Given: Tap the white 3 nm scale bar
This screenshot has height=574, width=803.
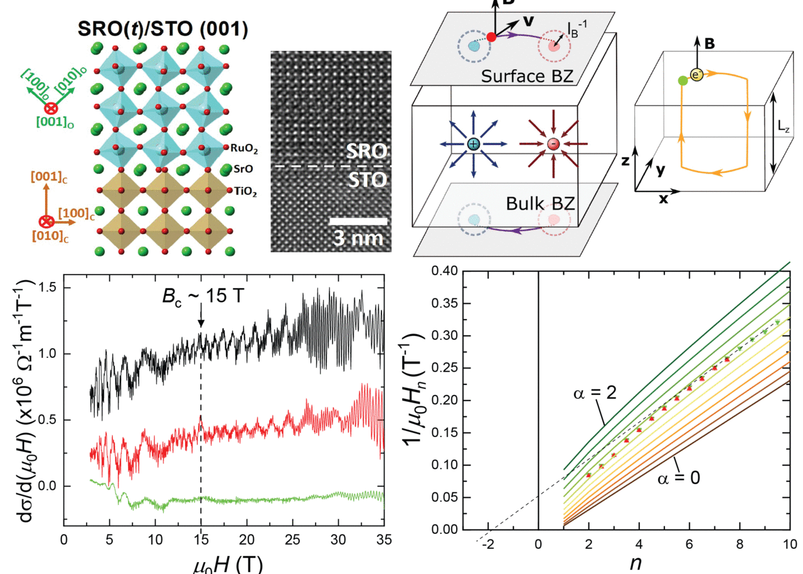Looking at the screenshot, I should [x=358, y=221].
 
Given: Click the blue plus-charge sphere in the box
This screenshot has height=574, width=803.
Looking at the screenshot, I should [x=473, y=144].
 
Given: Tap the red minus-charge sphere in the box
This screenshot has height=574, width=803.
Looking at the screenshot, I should [x=552, y=144].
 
